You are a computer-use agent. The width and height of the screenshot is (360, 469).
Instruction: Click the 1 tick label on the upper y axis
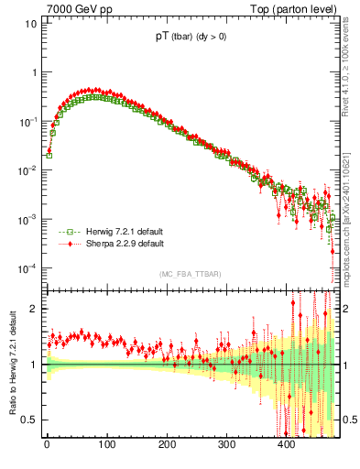pyautogui.click(x=34, y=72)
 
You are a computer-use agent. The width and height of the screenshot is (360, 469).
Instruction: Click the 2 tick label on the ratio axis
pyautogui.click(x=34, y=309)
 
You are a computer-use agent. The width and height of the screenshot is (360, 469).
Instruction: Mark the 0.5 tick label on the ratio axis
pyautogui.click(x=29, y=420)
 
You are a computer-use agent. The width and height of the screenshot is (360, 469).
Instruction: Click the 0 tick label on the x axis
pyautogui.click(x=47, y=444)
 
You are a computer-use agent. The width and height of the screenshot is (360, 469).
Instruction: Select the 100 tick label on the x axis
pyautogui.click(x=106, y=444)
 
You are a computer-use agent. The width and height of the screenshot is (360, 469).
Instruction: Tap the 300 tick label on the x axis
pyautogui.click(x=226, y=444)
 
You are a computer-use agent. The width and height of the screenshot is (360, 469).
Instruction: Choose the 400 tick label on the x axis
pyautogui.click(x=286, y=444)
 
